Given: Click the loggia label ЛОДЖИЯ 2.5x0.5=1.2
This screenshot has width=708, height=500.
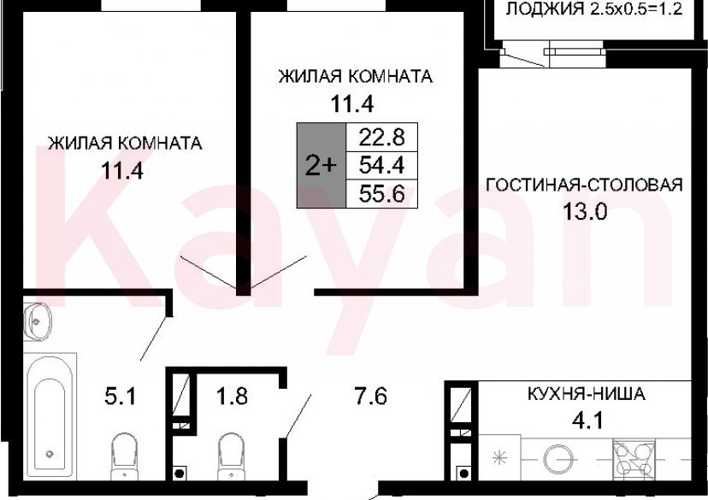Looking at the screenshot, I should point(598,10).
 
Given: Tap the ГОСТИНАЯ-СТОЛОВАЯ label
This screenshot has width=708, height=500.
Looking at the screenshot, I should point(584,185).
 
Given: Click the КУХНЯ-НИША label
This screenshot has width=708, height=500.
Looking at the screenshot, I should point(586,395).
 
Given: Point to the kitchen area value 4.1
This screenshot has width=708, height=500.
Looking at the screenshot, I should point(586,421).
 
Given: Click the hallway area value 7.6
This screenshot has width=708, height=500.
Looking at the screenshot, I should point(371,397).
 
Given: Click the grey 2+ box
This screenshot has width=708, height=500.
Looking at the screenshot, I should point(321,165).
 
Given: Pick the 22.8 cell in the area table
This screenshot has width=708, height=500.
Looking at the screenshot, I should point(382,137).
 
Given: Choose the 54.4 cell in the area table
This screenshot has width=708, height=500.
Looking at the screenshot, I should point(382,165).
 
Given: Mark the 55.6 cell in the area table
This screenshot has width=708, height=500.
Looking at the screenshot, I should point(382,193).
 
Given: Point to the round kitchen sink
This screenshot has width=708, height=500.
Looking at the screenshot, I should point(562,454).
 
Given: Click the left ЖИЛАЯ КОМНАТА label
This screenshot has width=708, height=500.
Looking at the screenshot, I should point(125,144).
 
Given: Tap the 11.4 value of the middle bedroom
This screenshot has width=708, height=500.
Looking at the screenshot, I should point(354,104).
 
